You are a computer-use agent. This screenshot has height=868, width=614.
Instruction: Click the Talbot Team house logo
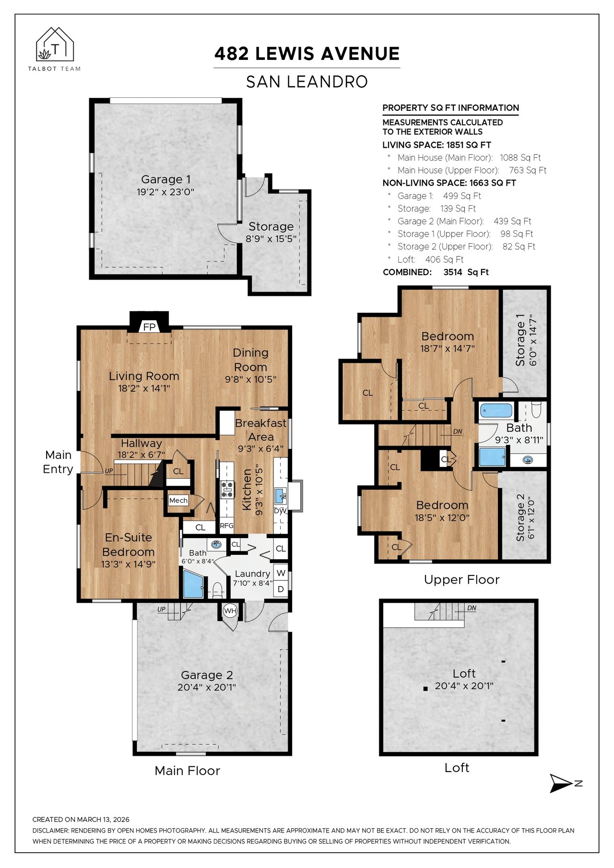tap(55, 44)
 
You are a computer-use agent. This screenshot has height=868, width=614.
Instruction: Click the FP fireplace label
tap(150, 327)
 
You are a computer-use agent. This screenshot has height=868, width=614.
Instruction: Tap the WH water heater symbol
tap(230, 610)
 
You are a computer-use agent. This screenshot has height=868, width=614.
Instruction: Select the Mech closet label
tap(178, 500)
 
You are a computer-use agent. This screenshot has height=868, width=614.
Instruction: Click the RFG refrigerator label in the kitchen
tap(226, 526)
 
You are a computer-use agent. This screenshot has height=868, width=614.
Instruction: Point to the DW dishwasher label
tap(280, 511)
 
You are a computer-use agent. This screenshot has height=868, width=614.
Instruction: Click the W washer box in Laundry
tap(281, 573)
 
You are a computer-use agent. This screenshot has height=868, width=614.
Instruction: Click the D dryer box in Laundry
tap(281, 589)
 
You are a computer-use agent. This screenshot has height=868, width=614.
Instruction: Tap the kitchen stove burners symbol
tap(227, 490)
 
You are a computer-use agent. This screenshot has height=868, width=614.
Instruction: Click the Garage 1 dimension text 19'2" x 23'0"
tap(165, 192)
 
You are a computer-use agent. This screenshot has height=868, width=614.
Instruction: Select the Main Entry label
tap(58, 462)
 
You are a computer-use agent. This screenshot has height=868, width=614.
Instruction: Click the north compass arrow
tap(561, 783)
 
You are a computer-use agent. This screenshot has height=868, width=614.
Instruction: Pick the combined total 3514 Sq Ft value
tap(466, 272)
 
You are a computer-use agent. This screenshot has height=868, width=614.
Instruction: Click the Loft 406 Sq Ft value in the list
tap(444, 259)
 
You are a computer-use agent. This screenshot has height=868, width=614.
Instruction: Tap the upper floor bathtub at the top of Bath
tap(496, 411)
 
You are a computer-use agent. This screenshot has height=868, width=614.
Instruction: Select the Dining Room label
tap(250, 360)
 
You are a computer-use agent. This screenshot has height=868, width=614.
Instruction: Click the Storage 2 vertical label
tap(520, 517)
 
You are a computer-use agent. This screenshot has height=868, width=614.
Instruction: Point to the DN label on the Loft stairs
tap(472, 608)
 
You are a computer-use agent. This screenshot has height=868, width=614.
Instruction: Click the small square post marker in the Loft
tap(425, 689)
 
